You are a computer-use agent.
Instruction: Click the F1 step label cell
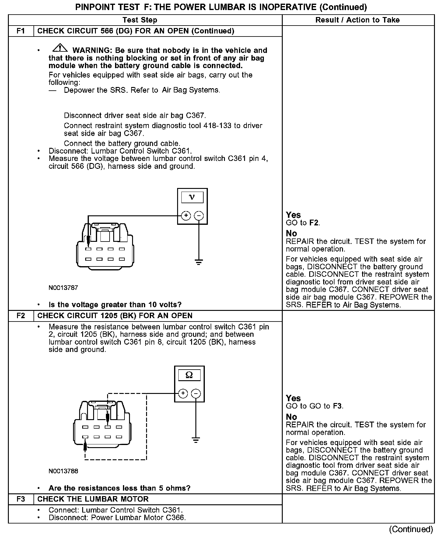(21, 31)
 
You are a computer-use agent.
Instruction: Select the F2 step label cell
(21, 316)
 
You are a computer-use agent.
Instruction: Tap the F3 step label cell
(21, 499)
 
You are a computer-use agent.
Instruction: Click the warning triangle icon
(60, 48)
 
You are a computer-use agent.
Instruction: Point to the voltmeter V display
(192, 198)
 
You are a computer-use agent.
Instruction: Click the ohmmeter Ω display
(189, 375)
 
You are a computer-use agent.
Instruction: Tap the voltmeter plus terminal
(186, 216)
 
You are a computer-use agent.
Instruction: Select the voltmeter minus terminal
(199, 216)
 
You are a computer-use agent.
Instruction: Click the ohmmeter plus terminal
(183, 394)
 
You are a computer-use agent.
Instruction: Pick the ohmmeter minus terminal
(196, 394)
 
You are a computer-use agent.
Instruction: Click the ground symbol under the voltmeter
(199, 262)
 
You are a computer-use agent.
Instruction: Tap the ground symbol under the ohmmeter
(196, 440)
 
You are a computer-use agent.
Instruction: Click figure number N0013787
(63, 288)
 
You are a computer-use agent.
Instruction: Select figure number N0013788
(63, 471)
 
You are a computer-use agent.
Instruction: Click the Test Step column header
(140, 20)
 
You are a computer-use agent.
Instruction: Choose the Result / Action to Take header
(358, 20)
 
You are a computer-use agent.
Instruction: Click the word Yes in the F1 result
(293, 215)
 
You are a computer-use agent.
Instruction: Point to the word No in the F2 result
(291, 417)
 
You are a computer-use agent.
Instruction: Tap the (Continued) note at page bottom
(411, 529)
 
